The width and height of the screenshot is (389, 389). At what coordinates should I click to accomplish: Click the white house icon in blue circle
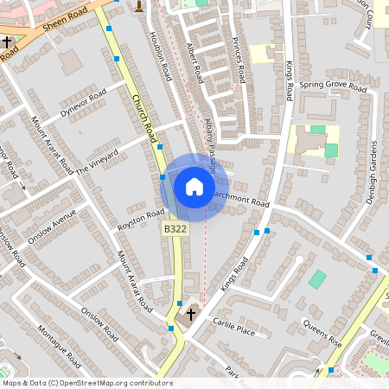pyautogui.click(x=194, y=186)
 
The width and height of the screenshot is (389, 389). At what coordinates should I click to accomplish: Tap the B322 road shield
pyautogui.click(x=174, y=228)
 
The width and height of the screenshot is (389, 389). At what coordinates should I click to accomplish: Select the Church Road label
pyautogui.click(x=144, y=120)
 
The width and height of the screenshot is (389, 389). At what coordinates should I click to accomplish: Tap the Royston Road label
pyautogui.click(x=141, y=220)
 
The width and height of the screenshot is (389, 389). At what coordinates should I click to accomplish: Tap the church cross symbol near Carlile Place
pyautogui.click(x=191, y=316)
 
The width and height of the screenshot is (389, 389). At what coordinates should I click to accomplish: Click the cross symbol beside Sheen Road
pyautogui.click(x=7, y=41)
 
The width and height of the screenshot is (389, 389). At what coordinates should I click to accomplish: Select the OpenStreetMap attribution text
pyautogui.click(x=87, y=383)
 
